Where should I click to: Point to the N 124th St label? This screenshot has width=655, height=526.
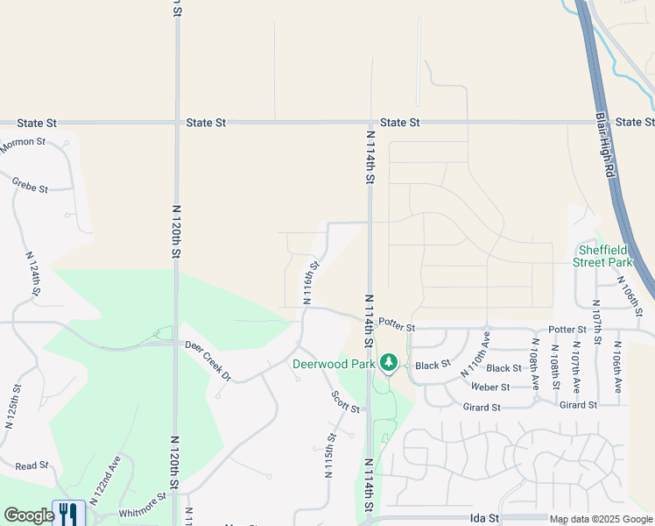(x=32, y=274)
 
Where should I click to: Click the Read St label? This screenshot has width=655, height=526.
(x=32, y=466)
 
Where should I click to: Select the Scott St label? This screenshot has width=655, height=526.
(x=345, y=402)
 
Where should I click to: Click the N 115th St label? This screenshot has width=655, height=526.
(x=331, y=456)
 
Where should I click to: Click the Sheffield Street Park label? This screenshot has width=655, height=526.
(x=602, y=255)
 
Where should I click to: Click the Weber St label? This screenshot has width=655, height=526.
(x=490, y=387)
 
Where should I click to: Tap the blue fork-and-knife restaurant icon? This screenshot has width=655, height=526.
(x=68, y=513)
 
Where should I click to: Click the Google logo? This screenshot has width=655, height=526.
(x=29, y=515)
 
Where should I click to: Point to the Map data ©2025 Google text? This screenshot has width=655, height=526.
(x=601, y=520)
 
